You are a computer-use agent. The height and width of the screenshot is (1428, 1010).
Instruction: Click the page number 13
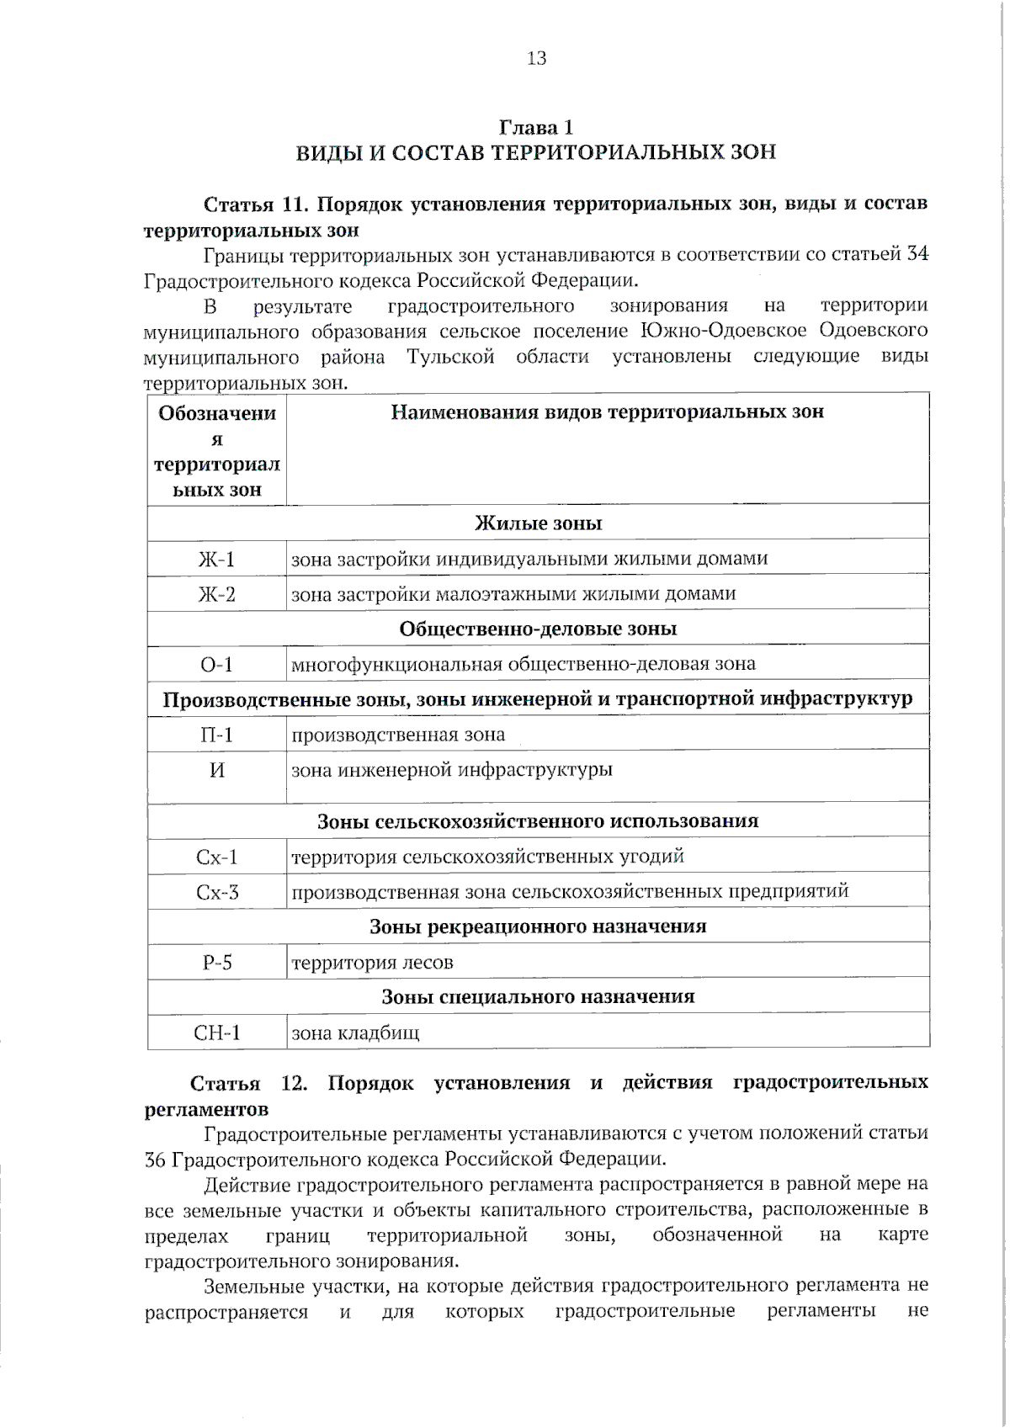pyautogui.click(x=536, y=58)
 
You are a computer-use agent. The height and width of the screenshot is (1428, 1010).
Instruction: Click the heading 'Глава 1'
pyautogui.click(x=536, y=128)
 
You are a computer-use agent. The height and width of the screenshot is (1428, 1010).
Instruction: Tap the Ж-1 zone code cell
pyautogui.click(x=216, y=560)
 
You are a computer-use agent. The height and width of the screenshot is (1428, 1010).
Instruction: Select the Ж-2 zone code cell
pyautogui.click(x=216, y=595)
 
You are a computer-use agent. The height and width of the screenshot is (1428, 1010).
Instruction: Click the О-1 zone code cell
pyautogui.click(x=216, y=665)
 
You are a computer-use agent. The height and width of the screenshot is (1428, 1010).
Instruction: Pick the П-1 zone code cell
pyautogui.click(x=216, y=735)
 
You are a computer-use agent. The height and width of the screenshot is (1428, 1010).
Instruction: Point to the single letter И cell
pyautogui.click(x=216, y=770)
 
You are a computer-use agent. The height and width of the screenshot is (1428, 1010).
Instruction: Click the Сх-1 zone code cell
pyautogui.click(x=216, y=857)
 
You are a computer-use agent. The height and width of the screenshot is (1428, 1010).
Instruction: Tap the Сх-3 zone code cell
pyautogui.click(x=216, y=892)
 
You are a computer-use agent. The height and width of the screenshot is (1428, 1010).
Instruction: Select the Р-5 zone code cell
pyautogui.click(x=216, y=963)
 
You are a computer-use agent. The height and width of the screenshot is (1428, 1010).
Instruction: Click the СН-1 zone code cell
pyautogui.click(x=216, y=1033)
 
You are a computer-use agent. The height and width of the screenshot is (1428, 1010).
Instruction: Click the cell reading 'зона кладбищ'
pyautogui.click(x=354, y=1033)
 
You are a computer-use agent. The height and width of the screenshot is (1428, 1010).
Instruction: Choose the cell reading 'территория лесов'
pyautogui.click(x=372, y=963)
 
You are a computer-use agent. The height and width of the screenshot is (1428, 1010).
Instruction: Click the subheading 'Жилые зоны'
pyautogui.click(x=539, y=523)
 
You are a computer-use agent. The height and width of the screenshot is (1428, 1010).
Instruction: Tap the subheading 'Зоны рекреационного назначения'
pyautogui.click(x=539, y=927)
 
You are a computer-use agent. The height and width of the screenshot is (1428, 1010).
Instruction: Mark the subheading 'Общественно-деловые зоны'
pyautogui.click(x=539, y=629)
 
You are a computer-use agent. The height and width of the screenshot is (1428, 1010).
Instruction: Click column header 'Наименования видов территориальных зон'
pyautogui.click(x=607, y=412)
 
